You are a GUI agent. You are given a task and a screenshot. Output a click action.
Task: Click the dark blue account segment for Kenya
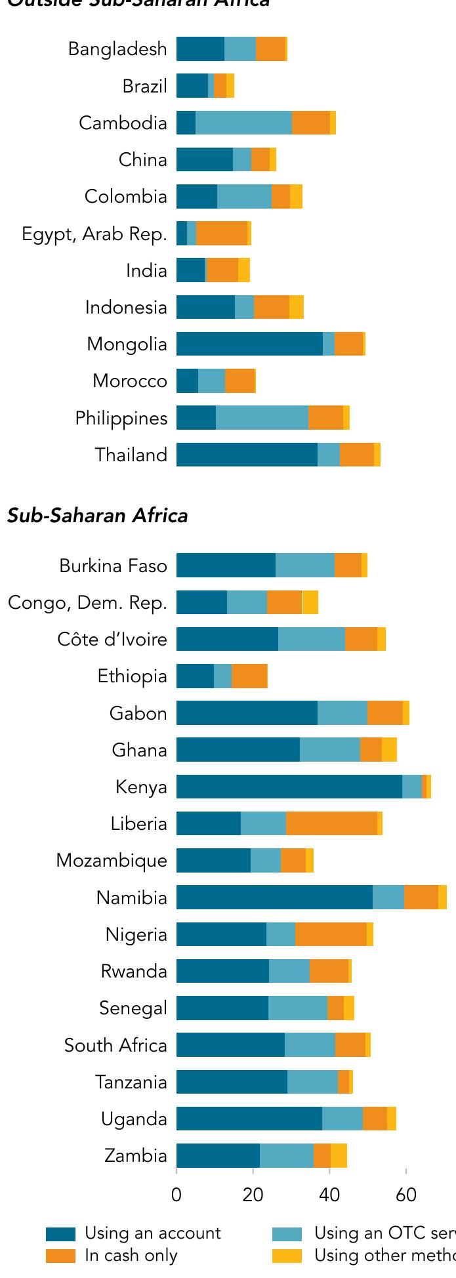point(289,787)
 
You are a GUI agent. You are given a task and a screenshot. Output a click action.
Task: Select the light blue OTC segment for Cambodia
point(243,123)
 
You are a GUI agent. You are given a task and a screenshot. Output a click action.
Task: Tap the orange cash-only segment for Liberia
point(331,823)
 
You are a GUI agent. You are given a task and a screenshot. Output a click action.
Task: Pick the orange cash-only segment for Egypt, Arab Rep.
point(222,234)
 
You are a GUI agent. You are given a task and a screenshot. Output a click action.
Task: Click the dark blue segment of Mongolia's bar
point(249,344)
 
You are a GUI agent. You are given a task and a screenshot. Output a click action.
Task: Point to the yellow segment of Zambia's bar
point(339,1155)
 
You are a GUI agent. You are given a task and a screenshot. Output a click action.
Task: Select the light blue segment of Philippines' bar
point(262,418)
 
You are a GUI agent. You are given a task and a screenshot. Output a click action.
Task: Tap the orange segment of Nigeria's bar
point(331,934)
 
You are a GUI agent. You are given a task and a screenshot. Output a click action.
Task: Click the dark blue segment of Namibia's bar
point(274,897)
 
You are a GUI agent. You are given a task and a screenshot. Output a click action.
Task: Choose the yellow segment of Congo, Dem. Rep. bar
point(310,602)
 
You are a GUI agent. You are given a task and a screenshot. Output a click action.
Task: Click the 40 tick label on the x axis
point(329,1195)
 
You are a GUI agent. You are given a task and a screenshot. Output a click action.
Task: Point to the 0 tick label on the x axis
point(176,1195)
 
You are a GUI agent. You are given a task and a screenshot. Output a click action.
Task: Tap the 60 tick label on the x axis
point(406,1195)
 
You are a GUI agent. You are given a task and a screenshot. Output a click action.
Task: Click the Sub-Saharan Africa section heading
point(98,516)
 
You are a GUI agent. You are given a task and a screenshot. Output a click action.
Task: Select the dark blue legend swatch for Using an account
point(60,1234)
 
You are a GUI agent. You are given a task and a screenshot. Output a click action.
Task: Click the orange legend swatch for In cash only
point(60,1256)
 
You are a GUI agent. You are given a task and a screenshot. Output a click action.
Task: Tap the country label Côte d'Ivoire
point(112,639)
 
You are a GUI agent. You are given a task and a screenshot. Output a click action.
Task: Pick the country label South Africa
point(115,1045)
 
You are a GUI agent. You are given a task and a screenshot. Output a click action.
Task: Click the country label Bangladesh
point(117,49)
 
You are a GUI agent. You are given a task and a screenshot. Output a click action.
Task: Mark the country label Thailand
point(131,455)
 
